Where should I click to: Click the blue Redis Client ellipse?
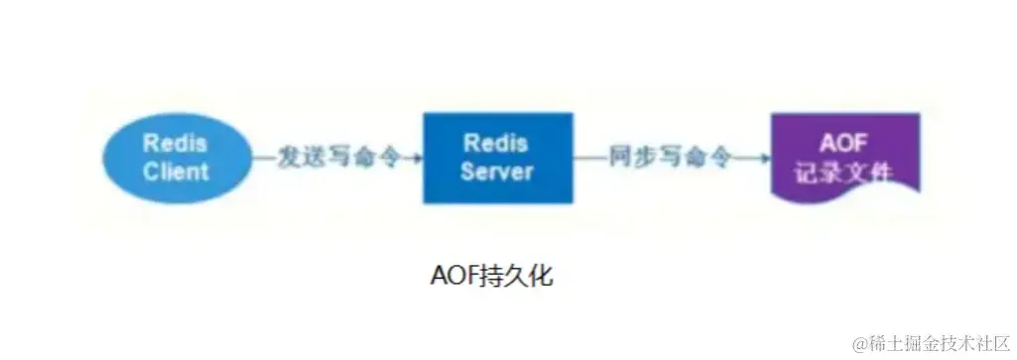tap(175, 157)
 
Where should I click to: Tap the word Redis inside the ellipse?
tap(175, 142)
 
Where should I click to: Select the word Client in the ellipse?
tap(176, 171)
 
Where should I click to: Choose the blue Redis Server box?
tap(497, 158)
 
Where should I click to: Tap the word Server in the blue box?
tap(497, 172)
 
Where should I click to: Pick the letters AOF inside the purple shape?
tap(844, 142)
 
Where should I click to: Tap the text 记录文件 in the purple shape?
tap(844, 172)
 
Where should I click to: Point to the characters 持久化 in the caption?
tap(517, 275)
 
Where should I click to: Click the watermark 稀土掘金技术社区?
tap(933, 339)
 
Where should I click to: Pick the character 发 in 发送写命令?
tap(290, 158)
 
